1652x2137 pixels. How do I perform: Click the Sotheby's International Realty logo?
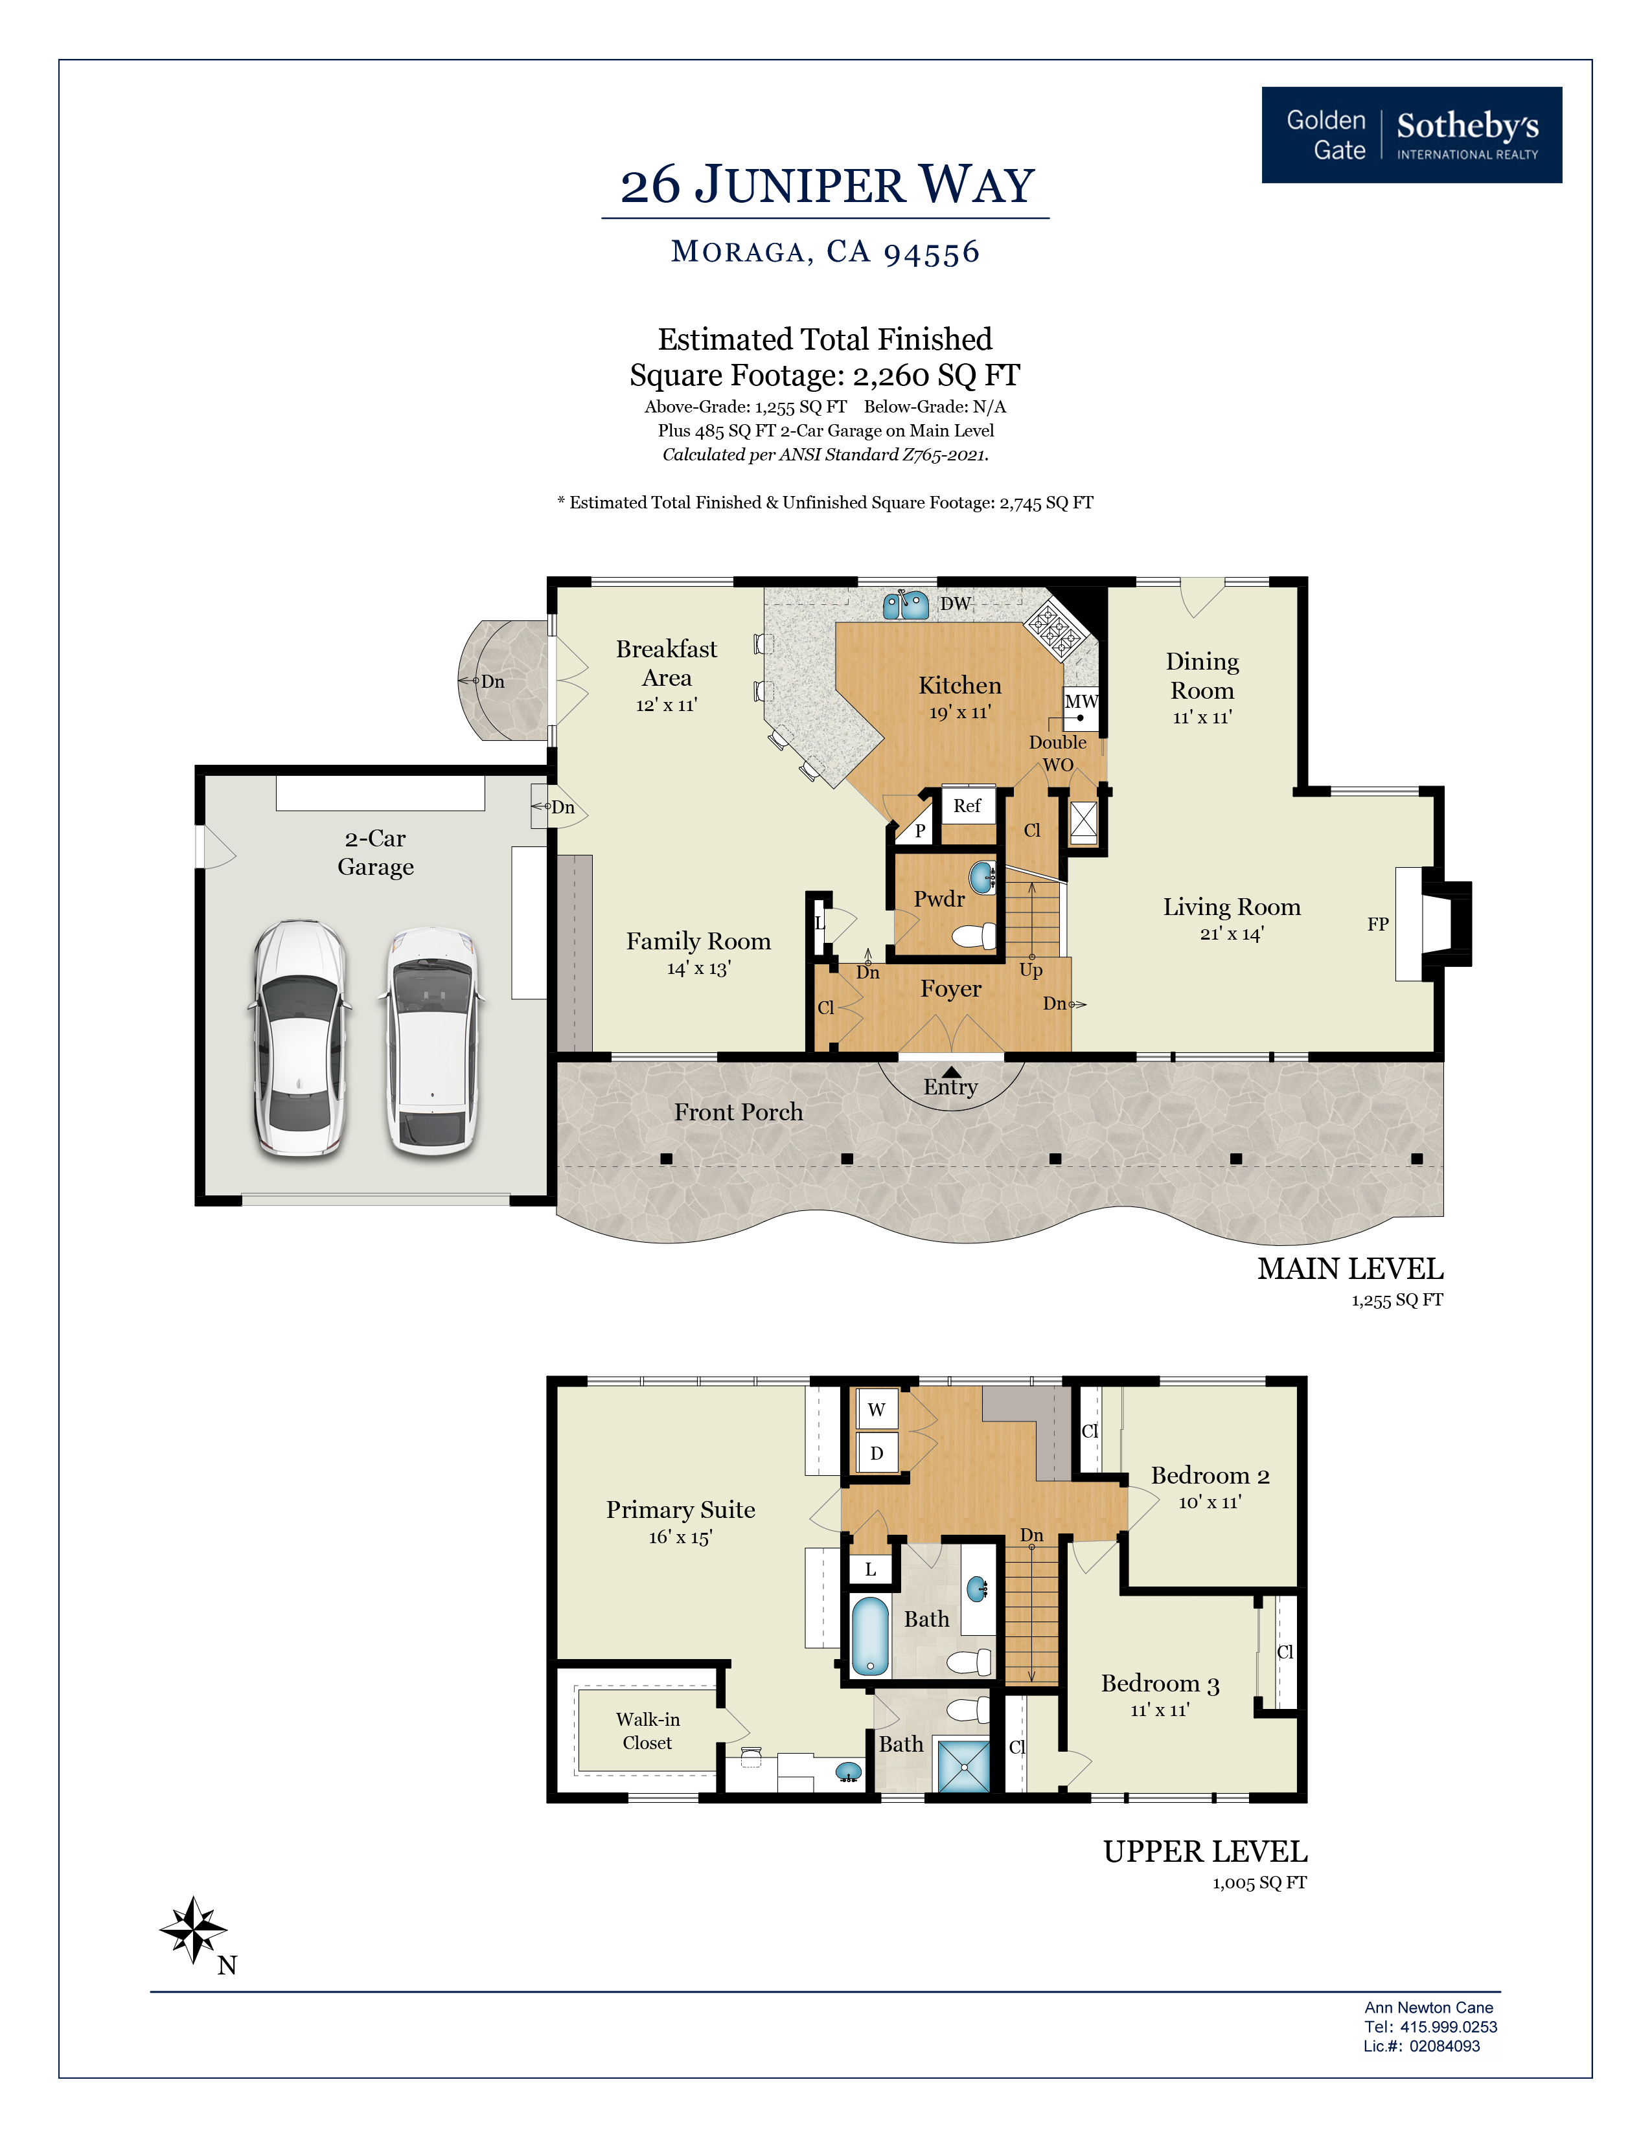(1411, 135)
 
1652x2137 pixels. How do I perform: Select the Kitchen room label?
(959, 685)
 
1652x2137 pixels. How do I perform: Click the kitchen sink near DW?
(905, 605)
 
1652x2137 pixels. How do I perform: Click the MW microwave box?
(1081, 701)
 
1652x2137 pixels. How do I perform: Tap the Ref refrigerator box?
(967, 806)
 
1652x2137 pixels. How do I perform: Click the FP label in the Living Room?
(1377, 923)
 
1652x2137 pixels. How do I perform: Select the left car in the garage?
(299, 1039)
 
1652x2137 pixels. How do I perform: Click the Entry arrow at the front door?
(951, 1072)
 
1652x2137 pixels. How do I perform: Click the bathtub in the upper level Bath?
(869, 1635)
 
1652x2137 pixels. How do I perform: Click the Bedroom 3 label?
(1160, 1684)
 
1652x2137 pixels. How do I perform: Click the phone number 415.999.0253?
(1447, 2026)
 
